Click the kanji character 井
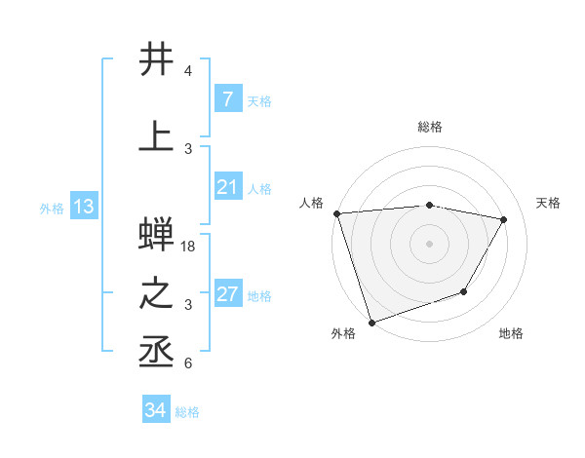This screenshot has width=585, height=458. tap(157, 59)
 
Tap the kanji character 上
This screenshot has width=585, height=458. tap(157, 135)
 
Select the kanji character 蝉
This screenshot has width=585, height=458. tap(157, 236)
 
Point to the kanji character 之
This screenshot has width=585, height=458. tap(157, 294)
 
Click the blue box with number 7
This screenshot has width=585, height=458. tap(227, 99)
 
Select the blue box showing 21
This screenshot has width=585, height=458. tap(227, 187)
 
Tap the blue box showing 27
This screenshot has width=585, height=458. tap(227, 294)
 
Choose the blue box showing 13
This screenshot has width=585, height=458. tap(83, 207)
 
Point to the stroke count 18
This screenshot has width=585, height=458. tap(189, 247)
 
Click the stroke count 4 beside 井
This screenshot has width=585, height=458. tap(188, 71)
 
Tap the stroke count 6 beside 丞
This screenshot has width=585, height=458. tap(188, 363)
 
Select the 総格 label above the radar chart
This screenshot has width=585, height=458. tap(430, 127)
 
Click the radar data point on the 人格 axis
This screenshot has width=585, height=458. tap(336, 213)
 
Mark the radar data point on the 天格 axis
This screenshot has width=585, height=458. tap(504, 219)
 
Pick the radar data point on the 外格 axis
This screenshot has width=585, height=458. tap(371, 322)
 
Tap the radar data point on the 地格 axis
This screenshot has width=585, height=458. tap(464, 291)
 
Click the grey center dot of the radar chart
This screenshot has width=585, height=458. tap(430, 243)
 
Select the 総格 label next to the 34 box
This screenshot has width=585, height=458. tap(187, 412)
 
